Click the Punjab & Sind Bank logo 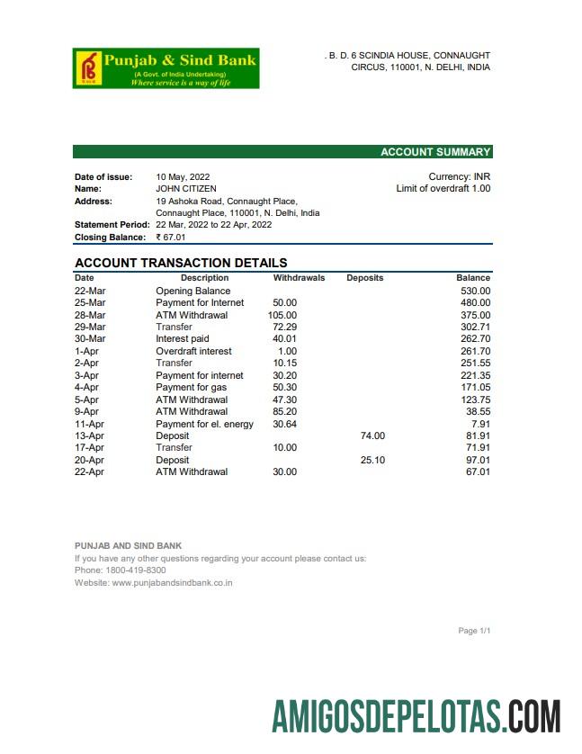pyautogui.click(x=166, y=68)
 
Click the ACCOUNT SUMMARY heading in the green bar pyautogui.click(x=435, y=152)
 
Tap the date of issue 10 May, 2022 pyautogui.click(x=183, y=177)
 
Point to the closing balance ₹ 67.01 pyautogui.click(x=170, y=238)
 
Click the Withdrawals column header pyautogui.click(x=299, y=278)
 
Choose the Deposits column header pyautogui.click(x=364, y=278)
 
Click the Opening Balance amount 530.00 pyautogui.click(x=475, y=292)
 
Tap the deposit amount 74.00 pyautogui.click(x=372, y=435)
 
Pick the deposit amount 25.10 pyautogui.click(x=372, y=460)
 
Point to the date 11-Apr pyautogui.click(x=89, y=424)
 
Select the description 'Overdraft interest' pyautogui.click(x=193, y=352)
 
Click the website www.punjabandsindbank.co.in pyautogui.click(x=172, y=583)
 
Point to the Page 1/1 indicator pyautogui.click(x=474, y=631)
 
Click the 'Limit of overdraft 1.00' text pyautogui.click(x=443, y=189)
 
